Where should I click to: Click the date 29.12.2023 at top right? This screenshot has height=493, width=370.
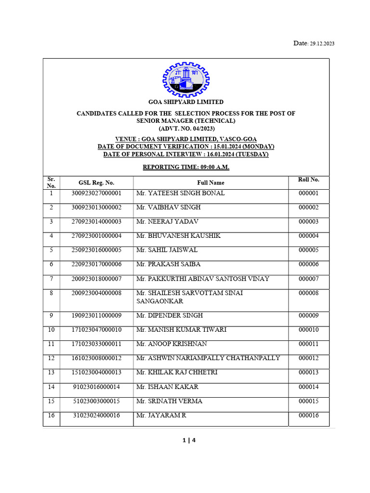pyautogui.click(x=321, y=43)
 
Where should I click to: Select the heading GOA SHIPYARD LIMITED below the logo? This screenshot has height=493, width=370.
pyautogui.click(x=186, y=102)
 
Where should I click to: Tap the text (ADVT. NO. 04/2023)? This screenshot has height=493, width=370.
pyautogui.click(x=186, y=129)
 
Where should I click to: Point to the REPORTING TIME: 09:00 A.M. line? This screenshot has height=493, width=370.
pyautogui.click(x=186, y=167)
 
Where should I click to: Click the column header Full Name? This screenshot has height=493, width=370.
pyautogui.click(x=211, y=182)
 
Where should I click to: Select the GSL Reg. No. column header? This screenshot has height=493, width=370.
pyautogui.click(x=96, y=182)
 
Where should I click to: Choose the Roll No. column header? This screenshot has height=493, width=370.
pyautogui.click(x=308, y=180)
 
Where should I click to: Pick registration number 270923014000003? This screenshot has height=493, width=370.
pyautogui.click(x=96, y=221)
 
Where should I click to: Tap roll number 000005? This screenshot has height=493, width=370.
pyautogui.click(x=308, y=250)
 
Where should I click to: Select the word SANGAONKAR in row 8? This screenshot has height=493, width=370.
pyautogui.click(x=159, y=301)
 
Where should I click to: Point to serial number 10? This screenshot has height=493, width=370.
pyautogui.click(x=52, y=330)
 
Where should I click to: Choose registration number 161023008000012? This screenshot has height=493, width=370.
pyautogui.click(x=96, y=358)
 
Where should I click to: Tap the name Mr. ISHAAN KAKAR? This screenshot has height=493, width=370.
pyautogui.click(x=167, y=387)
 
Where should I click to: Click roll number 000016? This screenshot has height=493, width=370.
pyautogui.click(x=308, y=415)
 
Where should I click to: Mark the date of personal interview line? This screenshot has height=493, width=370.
pyautogui.click(x=186, y=154)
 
